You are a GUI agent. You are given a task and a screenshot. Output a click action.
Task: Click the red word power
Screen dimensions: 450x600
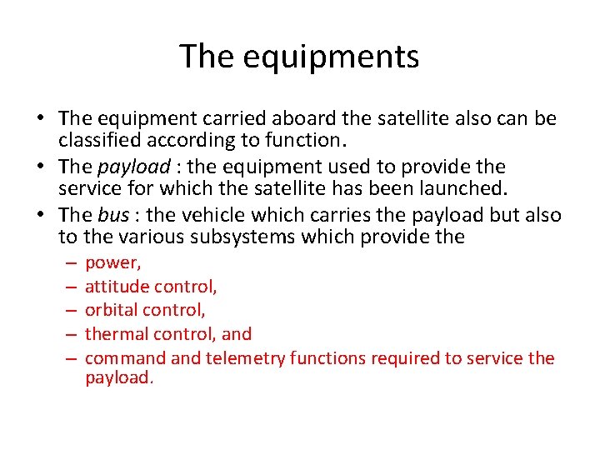coord(113,263)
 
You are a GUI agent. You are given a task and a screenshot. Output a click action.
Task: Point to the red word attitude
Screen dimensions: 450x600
coord(116,287)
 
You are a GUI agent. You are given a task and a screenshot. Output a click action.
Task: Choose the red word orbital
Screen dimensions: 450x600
coord(112,310)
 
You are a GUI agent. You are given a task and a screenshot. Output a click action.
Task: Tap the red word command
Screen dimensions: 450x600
coord(125,358)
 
